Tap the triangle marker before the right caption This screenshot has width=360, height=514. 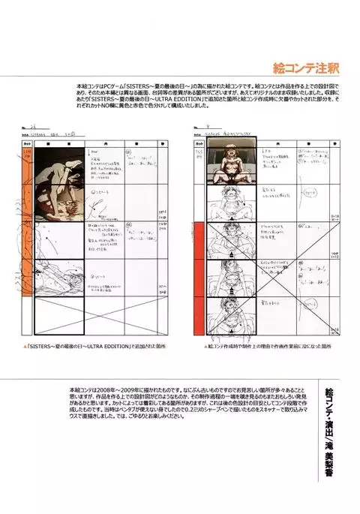click(205, 347)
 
